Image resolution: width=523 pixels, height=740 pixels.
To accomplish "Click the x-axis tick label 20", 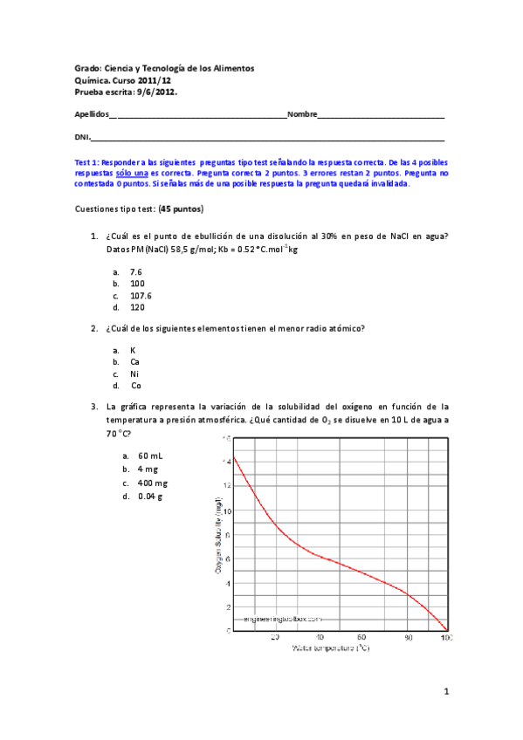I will point(275,637).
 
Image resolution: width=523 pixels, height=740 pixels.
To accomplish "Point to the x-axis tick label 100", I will point(446,637).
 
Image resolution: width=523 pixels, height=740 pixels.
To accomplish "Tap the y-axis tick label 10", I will point(227,536).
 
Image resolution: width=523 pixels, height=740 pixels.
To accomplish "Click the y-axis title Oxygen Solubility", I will point(217,532).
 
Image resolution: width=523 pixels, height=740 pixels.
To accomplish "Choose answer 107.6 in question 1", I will point(141,295).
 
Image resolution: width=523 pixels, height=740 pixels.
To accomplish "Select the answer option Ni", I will point(134,373).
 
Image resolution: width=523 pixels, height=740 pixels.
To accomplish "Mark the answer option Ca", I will point(134,361).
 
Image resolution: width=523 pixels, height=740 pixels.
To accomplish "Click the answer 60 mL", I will point(149,456).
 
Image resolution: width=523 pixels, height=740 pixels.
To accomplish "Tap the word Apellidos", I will point(92,114).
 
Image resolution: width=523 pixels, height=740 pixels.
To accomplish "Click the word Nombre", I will point(301,114).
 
